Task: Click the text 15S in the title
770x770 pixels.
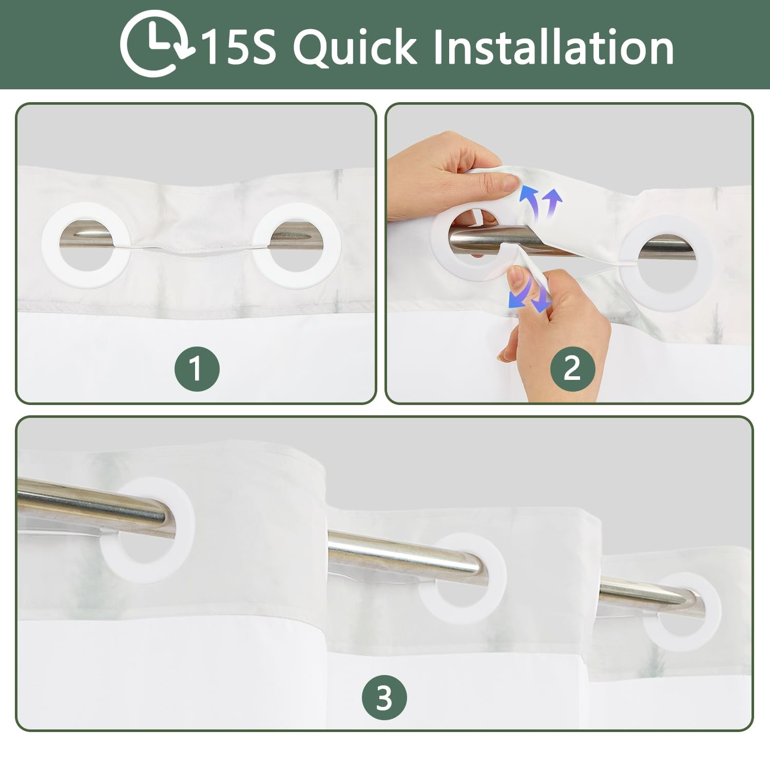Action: pyautogui.click(x=238, y=47)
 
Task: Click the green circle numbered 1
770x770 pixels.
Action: pyautogui.click(x=197, y=369)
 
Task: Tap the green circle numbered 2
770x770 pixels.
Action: pyautogui.click(x=572, y=368)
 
